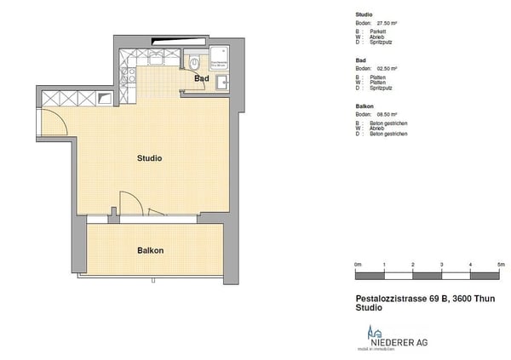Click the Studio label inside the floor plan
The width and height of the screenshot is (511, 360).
(149, 158)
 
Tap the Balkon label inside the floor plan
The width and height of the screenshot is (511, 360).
(151, 250)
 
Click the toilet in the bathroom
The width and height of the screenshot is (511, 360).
(195, 62)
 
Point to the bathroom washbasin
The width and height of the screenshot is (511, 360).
(221, 82)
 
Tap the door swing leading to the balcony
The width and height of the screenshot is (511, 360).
(130, 204)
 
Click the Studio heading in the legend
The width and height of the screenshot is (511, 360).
(364, 15)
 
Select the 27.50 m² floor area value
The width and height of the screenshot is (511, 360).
(389, 23)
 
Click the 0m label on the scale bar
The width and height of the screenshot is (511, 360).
(358, 266)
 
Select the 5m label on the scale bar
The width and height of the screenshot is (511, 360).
(500, 266)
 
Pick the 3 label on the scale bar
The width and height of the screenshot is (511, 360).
(442, 266)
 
